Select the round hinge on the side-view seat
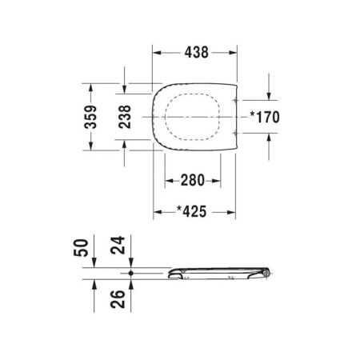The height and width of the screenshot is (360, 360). pos(266,274)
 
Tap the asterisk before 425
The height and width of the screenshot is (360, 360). pos(178,211)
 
